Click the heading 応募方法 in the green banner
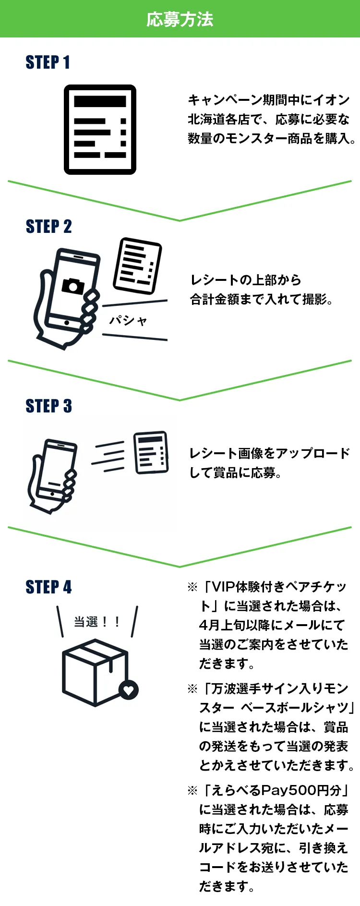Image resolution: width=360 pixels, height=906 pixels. (x=180, y=19)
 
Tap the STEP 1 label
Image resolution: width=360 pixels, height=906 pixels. (x=48, y=62)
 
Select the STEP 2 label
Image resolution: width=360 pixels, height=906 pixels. (x=48, y=227)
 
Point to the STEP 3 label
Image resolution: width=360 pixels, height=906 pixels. (x=48, y=406)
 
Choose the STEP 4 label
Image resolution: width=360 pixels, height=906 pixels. (x=48, y=587)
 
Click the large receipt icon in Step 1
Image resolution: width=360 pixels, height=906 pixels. (x=100, y=130)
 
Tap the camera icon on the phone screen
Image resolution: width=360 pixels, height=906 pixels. (x=73, y=285)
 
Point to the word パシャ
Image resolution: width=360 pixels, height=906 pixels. (x=128, y=320)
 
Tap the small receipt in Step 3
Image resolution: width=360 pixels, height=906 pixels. (x=151, y=452)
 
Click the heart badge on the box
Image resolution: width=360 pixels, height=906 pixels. (x=129, y=690)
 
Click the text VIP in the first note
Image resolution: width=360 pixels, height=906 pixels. (x=224, y=587)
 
